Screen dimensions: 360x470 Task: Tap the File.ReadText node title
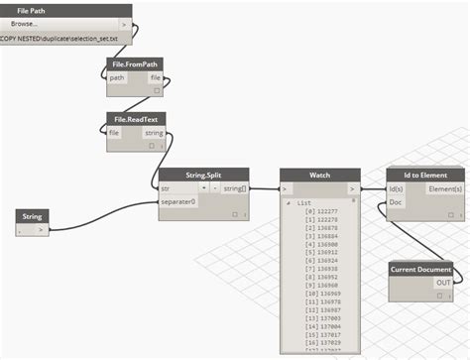click(x=136, y=118)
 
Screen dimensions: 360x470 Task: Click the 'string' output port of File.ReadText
click(x=154, y=132)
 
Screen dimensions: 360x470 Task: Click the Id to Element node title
click(x=425, y=174)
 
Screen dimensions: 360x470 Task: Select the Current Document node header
click(x=420, y=269)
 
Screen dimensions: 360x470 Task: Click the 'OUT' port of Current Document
click(x=443, y=283)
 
